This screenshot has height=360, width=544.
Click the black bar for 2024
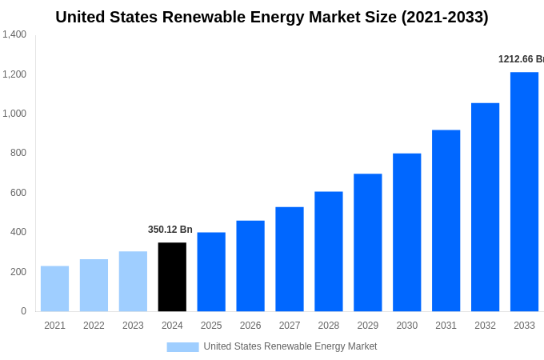(x=172, y=277)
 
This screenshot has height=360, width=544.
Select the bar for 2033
(x=524, y=192)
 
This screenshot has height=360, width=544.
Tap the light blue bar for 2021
(x=54, y=289)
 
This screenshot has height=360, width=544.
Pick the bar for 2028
(x=328, y=251)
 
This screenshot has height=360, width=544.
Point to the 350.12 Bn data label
(x=170, y=230)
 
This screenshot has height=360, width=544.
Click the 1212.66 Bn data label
(x=521, y=59)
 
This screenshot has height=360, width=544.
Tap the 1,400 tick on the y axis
(x=14, y=34)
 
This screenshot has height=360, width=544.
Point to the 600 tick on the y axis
(x=18, y=193)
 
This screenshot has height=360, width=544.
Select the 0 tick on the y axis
(x=23, y=311)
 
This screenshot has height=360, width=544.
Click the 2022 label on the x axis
(x=94, y=326)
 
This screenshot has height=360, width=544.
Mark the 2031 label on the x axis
(x=446, y=326)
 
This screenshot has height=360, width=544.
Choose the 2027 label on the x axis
(x=290, y=326)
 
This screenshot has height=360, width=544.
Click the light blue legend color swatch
(x=182, y=347)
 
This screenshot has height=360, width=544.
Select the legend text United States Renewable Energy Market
(x=290, y=346)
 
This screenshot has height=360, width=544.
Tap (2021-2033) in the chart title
(x=445, y=17)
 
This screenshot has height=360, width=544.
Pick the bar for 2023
(x=133, y=282)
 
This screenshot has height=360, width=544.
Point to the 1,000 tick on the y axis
(x=14, y=114)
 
